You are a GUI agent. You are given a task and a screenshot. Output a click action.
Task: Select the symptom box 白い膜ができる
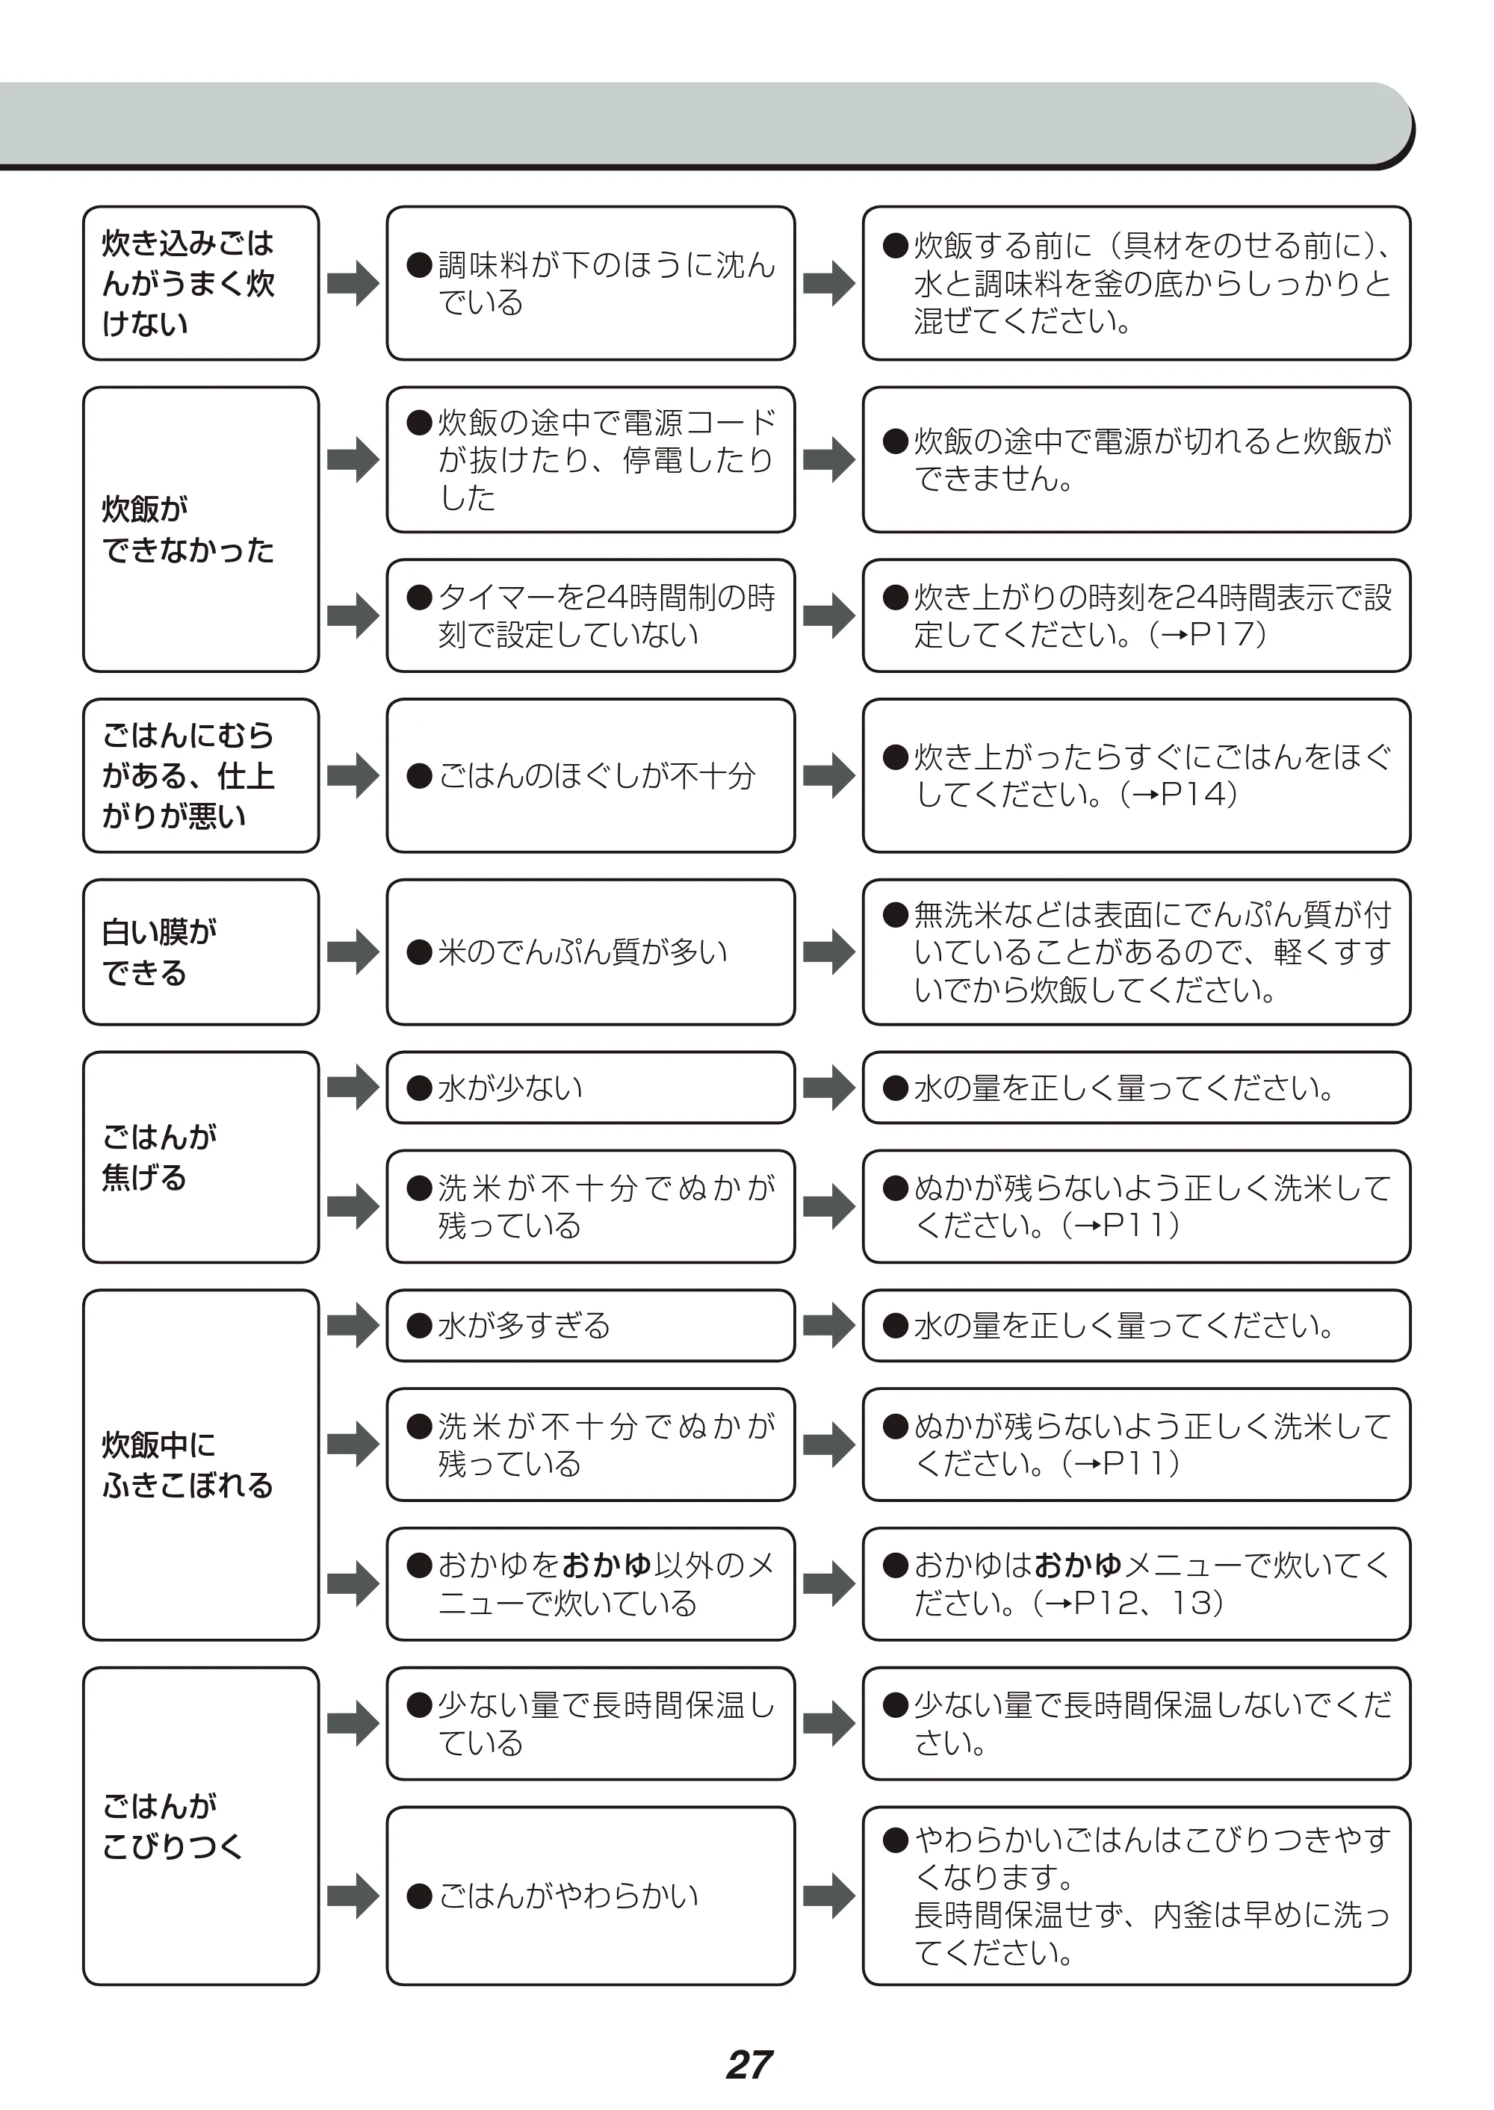point(200,952)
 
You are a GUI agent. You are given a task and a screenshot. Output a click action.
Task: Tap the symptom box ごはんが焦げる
point(200,1157)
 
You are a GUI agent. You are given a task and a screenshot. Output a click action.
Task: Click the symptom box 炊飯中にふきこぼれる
point(200,1465)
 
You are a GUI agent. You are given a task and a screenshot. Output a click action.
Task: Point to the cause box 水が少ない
point(591,1087)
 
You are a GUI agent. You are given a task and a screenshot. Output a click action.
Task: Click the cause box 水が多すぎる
point(591,1326)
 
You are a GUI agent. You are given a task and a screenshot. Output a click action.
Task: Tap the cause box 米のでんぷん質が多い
point(591,952)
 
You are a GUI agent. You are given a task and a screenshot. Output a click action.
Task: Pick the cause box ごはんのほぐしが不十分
point(591,775)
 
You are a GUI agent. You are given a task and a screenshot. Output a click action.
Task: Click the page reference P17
point(1220,635)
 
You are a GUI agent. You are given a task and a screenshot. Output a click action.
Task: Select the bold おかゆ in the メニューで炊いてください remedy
point(1078,1565)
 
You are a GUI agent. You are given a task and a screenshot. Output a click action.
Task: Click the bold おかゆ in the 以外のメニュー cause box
point(607,1565)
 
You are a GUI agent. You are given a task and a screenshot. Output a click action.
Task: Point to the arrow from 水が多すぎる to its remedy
point(829,1326)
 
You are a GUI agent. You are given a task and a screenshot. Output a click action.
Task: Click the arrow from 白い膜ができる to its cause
point(353,952)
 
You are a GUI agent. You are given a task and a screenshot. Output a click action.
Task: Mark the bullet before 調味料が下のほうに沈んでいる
point(420,266)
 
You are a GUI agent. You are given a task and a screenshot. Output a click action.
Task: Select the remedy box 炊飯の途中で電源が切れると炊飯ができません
point(1136,460)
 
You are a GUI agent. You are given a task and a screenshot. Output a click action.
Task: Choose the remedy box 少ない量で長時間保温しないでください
point(1136,1723)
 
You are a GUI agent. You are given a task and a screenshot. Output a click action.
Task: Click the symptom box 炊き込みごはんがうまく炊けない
point(200,283)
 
